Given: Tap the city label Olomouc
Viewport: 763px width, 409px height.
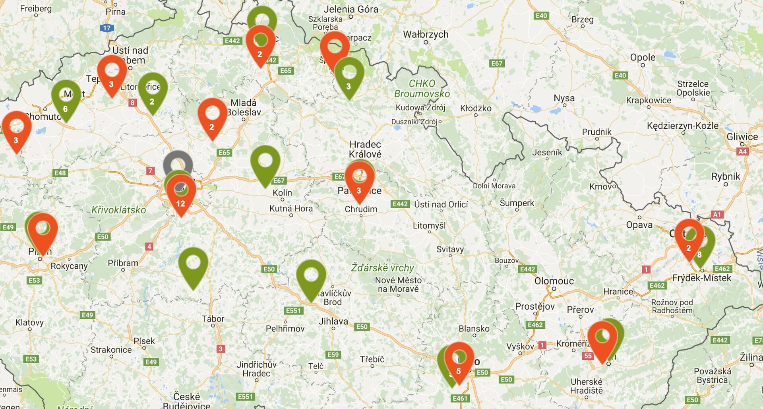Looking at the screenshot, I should tap(554, 281).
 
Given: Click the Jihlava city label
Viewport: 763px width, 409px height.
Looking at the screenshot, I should tap(333, 321).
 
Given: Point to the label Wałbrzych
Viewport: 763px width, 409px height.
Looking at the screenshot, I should tap(426, 35).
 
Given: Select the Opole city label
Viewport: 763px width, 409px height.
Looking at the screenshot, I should tap(643, 58).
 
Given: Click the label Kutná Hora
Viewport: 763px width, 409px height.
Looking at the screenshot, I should tap(291, 208).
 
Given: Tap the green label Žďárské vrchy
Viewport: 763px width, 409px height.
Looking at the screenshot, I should tap(382, 268).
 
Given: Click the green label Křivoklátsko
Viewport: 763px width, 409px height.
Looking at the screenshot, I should tap(118, 210).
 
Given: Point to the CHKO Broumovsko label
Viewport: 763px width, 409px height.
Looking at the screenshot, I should tap(422, 89).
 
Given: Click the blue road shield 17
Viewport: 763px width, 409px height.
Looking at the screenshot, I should tap(107, 28).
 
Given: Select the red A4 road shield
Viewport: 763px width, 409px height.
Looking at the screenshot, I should tap(742, 151).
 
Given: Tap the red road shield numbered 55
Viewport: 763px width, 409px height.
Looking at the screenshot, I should tap(588, 356).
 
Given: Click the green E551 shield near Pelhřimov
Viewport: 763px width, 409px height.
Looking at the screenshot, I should tap(293, 310).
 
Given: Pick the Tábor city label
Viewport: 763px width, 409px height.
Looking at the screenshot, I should tap(213, 319).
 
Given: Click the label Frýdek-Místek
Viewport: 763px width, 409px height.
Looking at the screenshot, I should tap(702, 278).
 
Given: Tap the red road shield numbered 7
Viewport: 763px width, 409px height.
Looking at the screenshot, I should tap(150, 171).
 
